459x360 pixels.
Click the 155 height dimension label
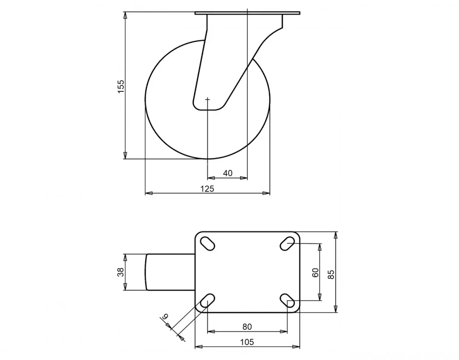pyautogui.click(x=121, y=86)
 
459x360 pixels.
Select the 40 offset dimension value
pyautogui.click(x=228, y=173)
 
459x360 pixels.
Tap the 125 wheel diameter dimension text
pyautogui.click(x=207, y=189)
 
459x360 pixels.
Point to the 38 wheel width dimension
pyautogui.click(x=121, y=272)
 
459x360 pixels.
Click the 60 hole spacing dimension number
pyautogui.click(x=316, y=273)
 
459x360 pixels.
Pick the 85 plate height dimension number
pyautogui.click(x=331, y=274)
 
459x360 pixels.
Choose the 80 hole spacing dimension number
pyautogui.click(x=247, y=326)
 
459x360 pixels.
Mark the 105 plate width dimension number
pyautogui.click(x=247, y=342)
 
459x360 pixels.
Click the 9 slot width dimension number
pyautogui.click(x=166, y=316)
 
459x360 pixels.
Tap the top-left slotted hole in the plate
pyautogui.click(x=207, y=243)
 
